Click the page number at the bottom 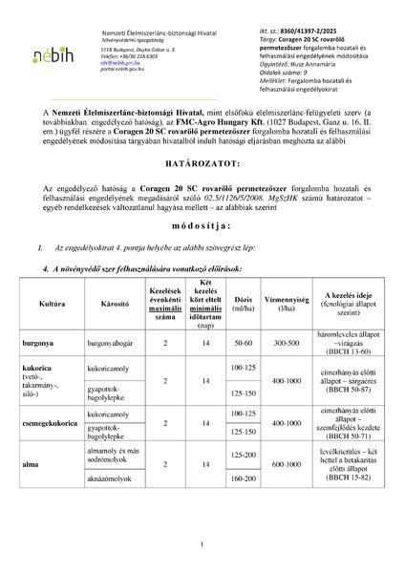coord(202,545)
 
